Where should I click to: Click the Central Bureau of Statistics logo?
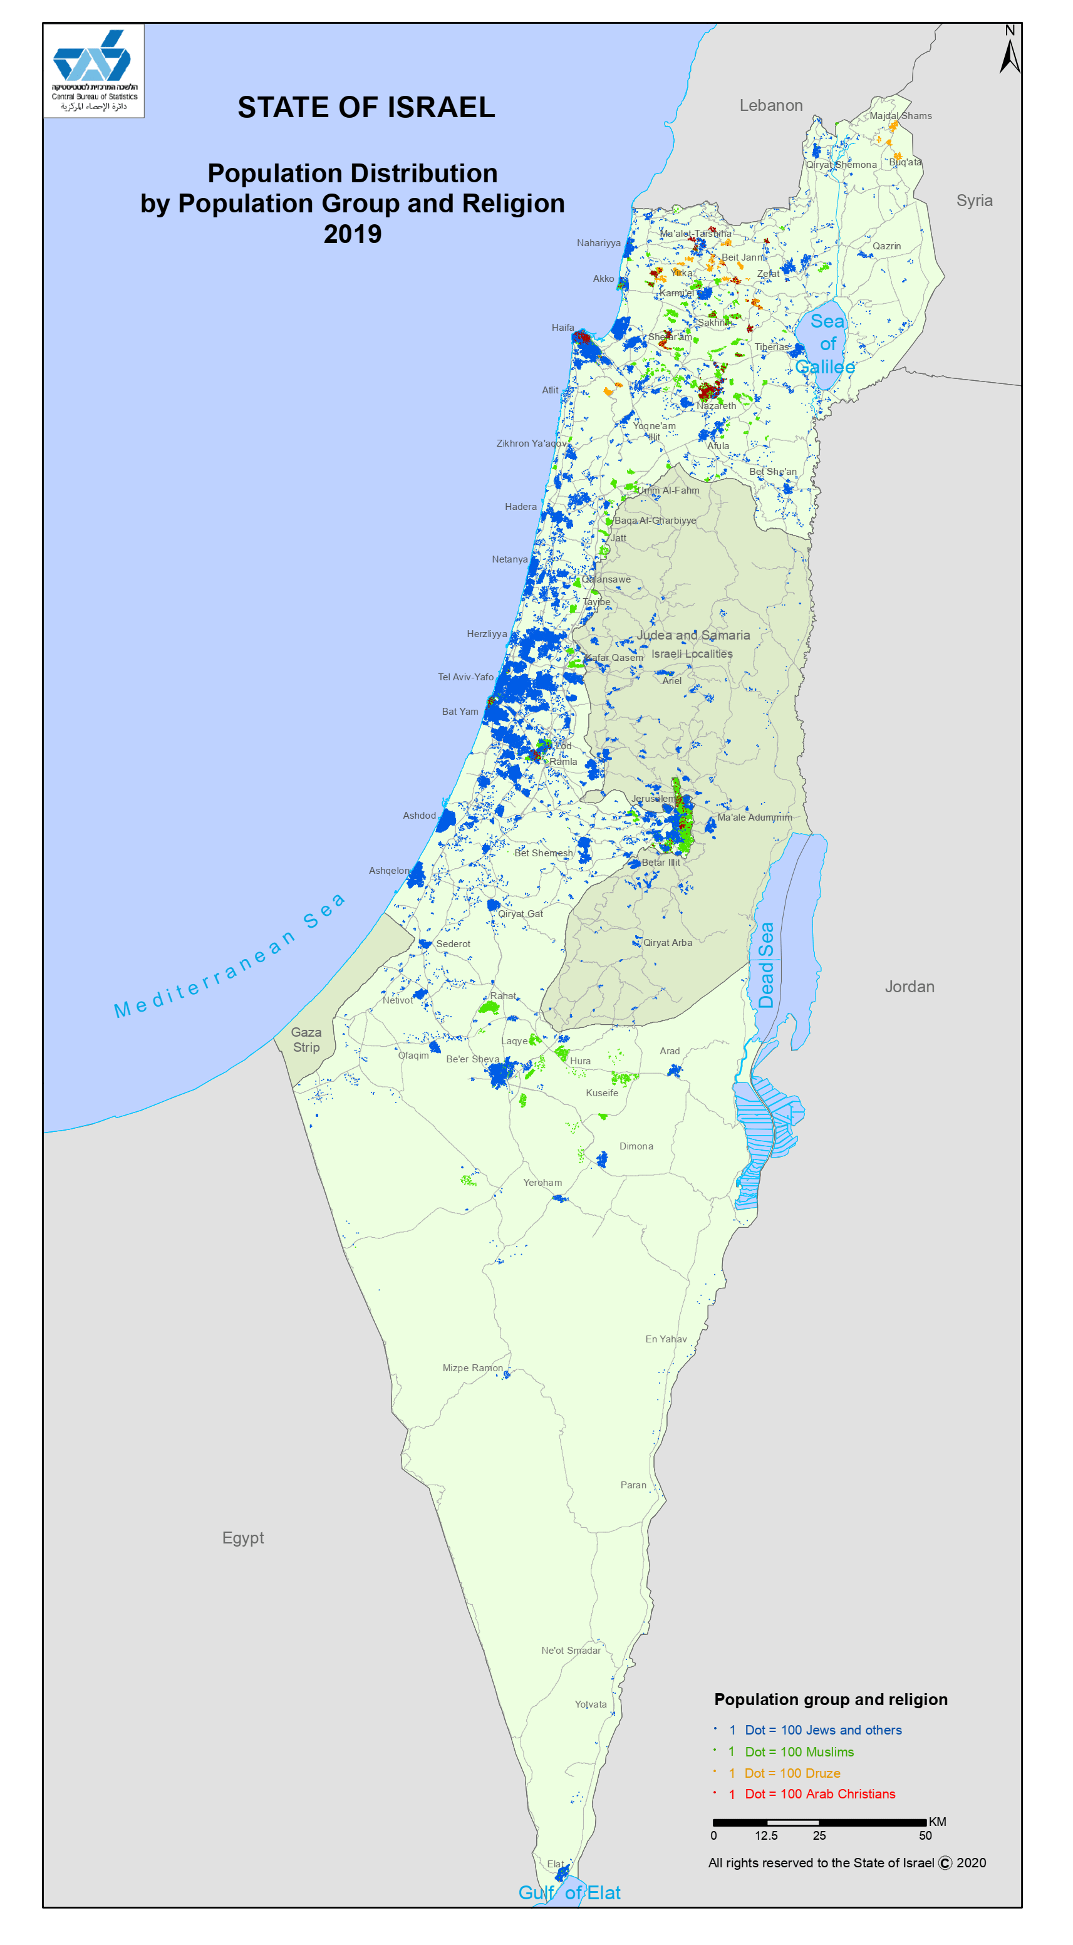(x=93, y=70)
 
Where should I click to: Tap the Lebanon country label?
(x=770, y=106)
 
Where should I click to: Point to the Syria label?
(x=973, y=201)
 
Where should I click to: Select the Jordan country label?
(x=909, y=987)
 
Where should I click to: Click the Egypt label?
(x=242, y=1538)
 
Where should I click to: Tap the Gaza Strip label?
(x=306, y=1040)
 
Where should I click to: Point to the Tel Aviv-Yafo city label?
(x=465, y=677)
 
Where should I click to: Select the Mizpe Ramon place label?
(x=472, y=1368)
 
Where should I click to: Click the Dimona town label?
(x=636, y=1146)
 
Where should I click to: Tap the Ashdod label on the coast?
(x=419, y=816)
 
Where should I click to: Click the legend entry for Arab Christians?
(x=819, y=1794)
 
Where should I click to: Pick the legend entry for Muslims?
(x=799, y=1751)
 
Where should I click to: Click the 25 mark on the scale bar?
(x=819, y=1835)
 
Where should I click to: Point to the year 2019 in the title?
(x=353, y=234)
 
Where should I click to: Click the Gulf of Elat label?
(x=569, y=1893)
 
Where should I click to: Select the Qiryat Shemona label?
(x=841, y=165)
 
